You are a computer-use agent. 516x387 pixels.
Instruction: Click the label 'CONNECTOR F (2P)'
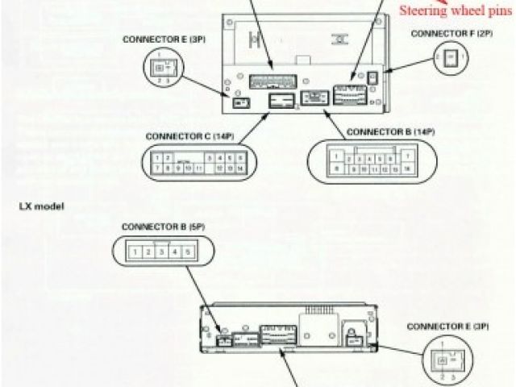(x=452, y=34)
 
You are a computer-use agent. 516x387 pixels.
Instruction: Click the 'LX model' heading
(x=41, y=206)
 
